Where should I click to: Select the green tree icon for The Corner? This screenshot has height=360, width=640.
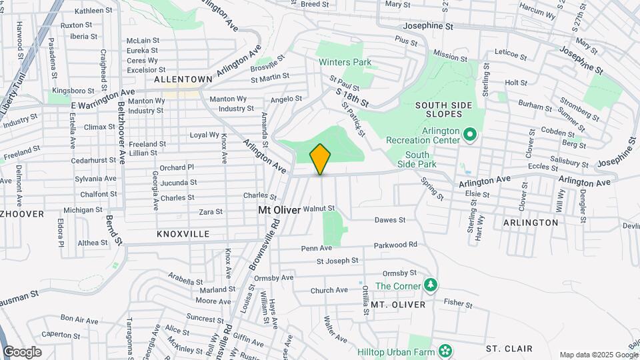pos(431,285)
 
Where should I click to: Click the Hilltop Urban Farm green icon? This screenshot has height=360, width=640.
pos(444,351)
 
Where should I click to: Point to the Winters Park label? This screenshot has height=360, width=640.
pos(345,63)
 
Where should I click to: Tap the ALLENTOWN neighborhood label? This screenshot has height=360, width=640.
pos(183,79)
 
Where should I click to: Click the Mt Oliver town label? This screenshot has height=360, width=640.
pos(279,209)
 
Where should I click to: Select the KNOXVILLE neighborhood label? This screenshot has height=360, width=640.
pos(183,234)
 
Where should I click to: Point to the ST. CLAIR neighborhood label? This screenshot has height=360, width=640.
pos(509,349)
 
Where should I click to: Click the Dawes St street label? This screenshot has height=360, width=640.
pos(390,220)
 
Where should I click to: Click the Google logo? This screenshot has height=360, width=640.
pos(22,351)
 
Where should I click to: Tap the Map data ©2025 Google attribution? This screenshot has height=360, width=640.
pos(597,355)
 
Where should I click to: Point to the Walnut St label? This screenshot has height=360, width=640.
pos(318,209)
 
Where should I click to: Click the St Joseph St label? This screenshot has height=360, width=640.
pos(337,261)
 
